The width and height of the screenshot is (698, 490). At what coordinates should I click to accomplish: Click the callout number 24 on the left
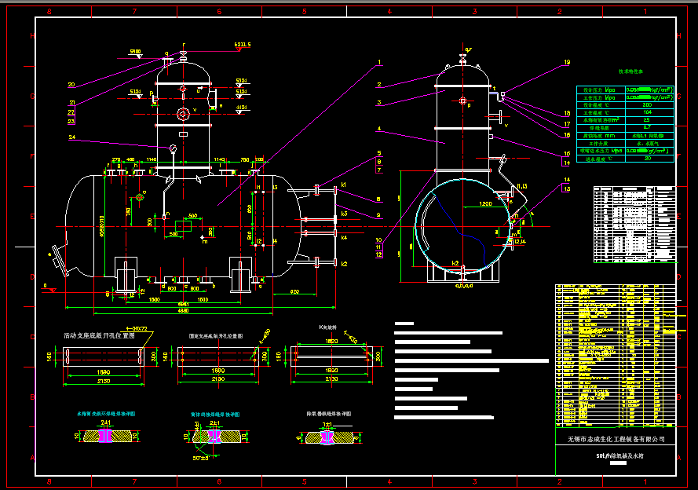(x=71, y=138)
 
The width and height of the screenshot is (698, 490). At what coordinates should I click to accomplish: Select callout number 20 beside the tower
(x=71, y=85)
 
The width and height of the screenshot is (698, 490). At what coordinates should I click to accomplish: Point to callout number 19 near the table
(x=567, y=63)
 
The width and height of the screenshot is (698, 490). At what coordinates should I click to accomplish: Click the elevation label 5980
(x=135, y=52)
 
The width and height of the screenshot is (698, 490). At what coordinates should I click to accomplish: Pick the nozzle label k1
(x=344, y=185)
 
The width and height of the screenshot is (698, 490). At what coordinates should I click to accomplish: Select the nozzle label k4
(x=344, y=237)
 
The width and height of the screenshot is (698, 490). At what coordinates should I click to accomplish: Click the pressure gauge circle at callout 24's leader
(x=172, y=148)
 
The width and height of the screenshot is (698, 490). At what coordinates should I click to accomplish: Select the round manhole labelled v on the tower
(x=183, y=114)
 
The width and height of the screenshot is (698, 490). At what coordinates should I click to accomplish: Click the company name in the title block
(x=615, y=439)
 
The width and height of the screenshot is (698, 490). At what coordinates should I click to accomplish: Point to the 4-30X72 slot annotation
(x=139, y=328)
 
